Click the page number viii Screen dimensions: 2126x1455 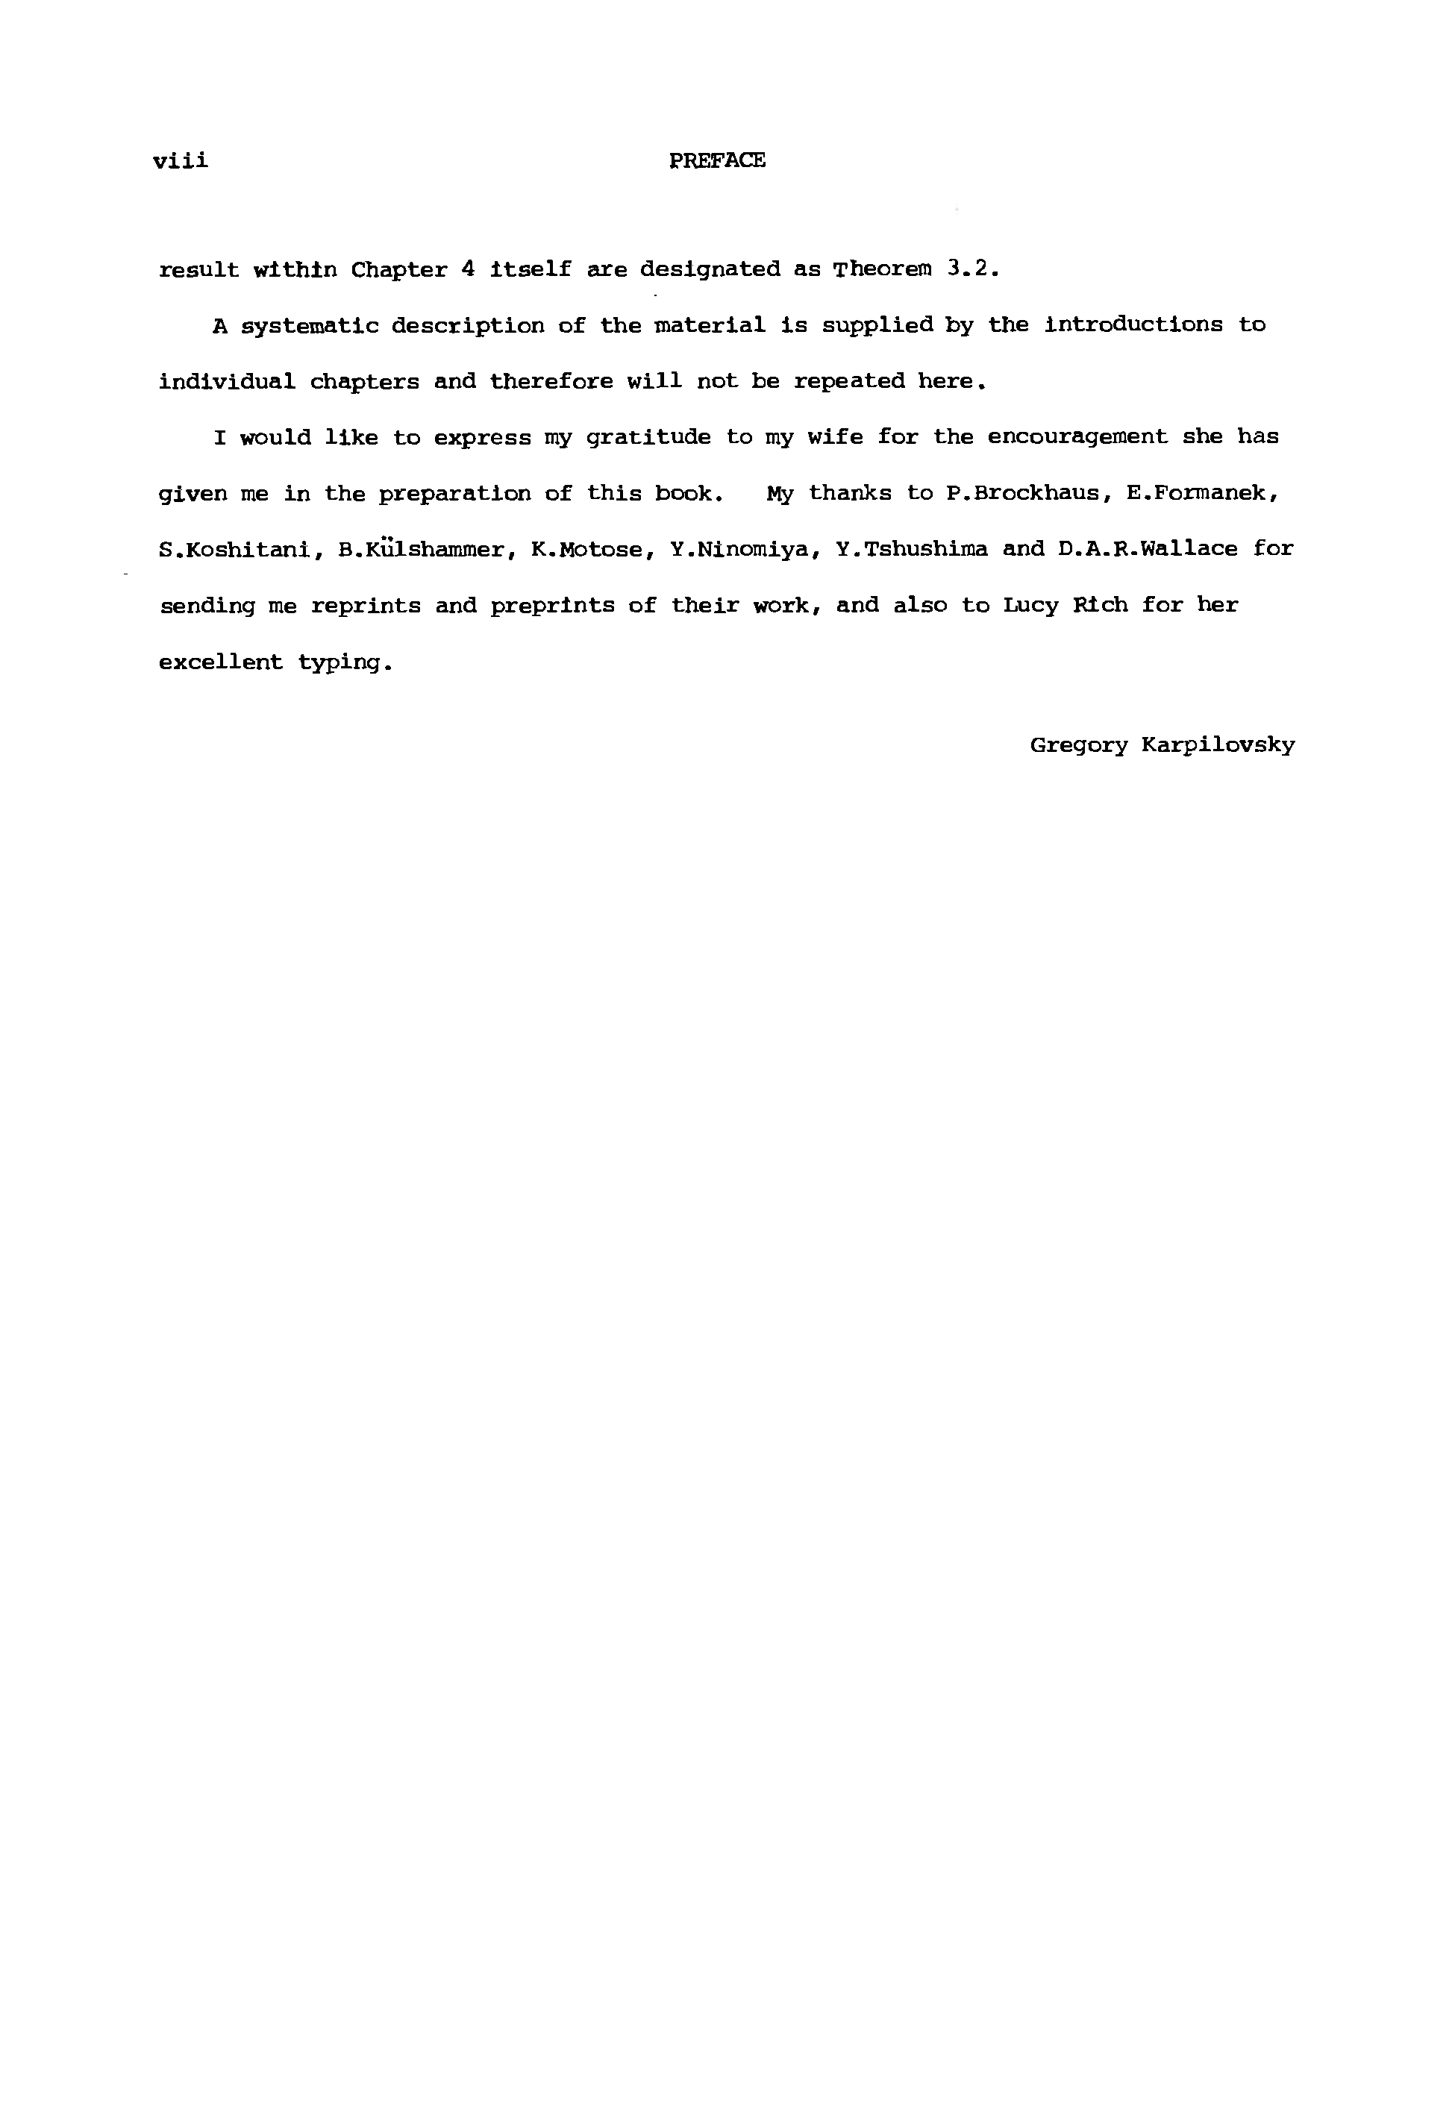pos(181,161)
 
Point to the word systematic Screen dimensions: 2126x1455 pos(310,327)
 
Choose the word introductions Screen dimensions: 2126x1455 pos(1133,324)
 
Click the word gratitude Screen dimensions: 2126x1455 pos(648,437)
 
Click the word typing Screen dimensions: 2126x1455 pos(345,663)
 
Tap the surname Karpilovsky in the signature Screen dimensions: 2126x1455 pos(1218,745)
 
